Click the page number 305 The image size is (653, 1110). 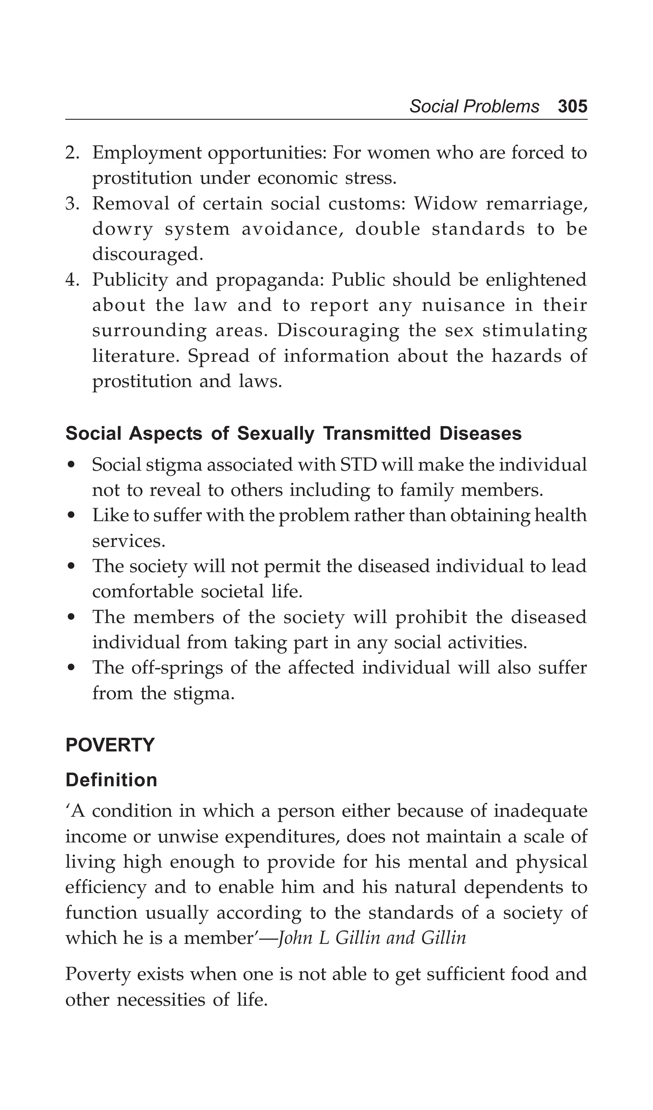(x=572, y=106)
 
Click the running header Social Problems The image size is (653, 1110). (x=474, y=106)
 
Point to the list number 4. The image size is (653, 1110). (x=72, y=280)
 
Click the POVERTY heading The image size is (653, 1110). (x=110, y=745)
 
